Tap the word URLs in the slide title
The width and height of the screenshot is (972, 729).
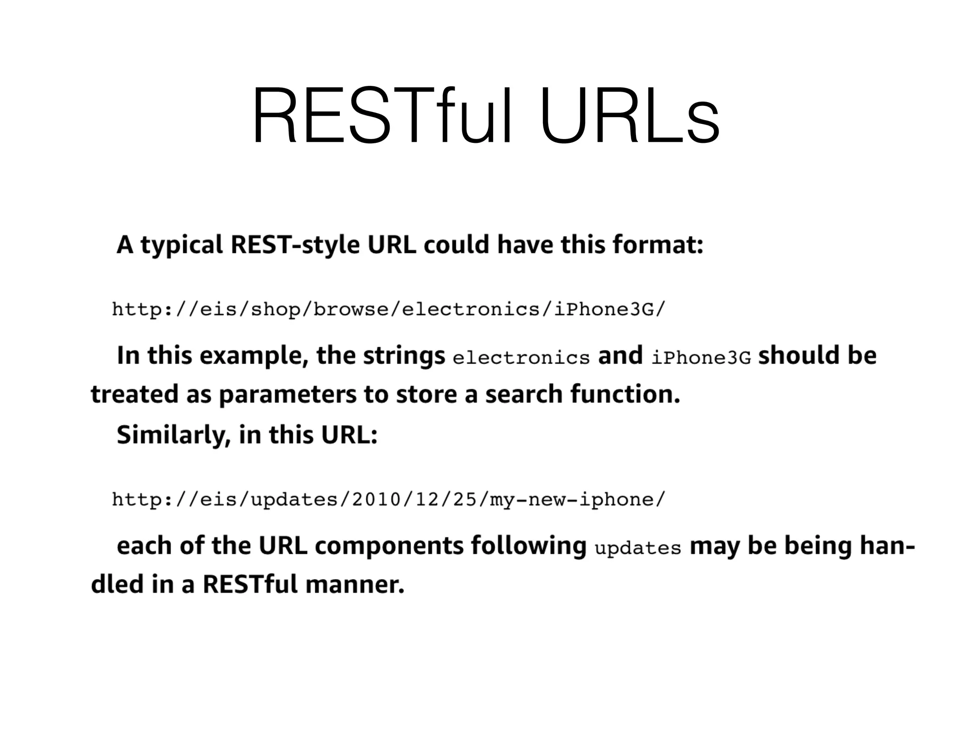(629, 116)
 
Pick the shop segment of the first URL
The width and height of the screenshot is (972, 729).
(275, 310)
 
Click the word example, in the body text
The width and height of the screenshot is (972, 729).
(254, 356)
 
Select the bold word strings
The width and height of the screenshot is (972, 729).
(404, 356)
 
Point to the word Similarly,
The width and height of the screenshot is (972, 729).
(173, 435)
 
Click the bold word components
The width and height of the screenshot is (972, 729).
(389, 546)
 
